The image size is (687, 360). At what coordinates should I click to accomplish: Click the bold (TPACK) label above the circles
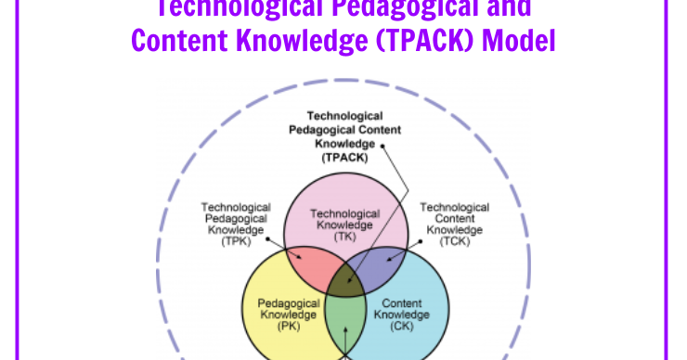point(344,158)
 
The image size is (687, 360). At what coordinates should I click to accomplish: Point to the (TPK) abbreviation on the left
point(236,241)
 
